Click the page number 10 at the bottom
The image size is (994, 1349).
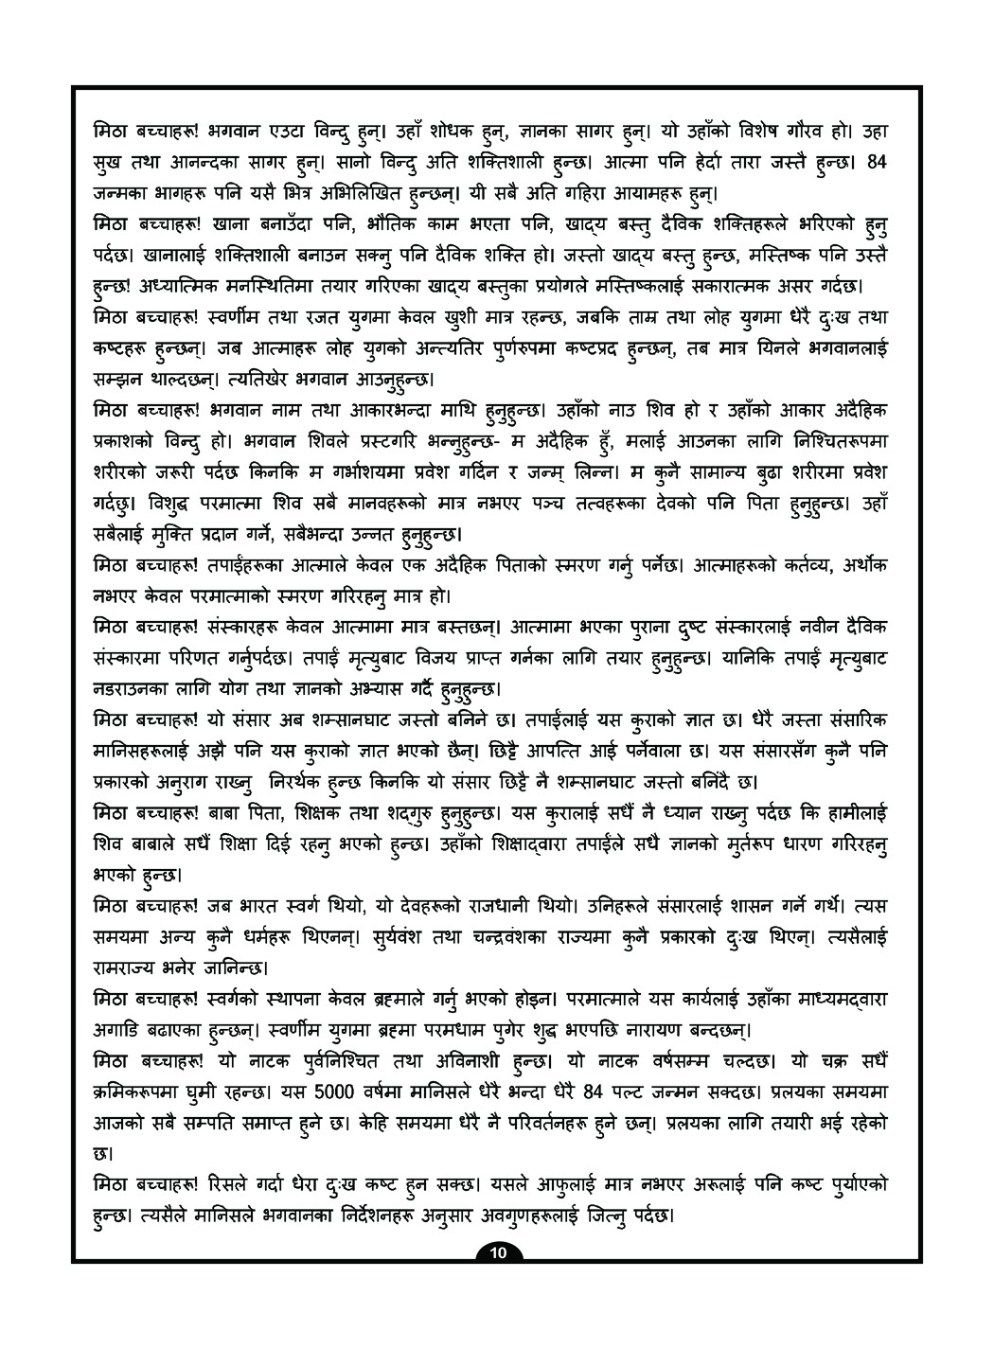498,1254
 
